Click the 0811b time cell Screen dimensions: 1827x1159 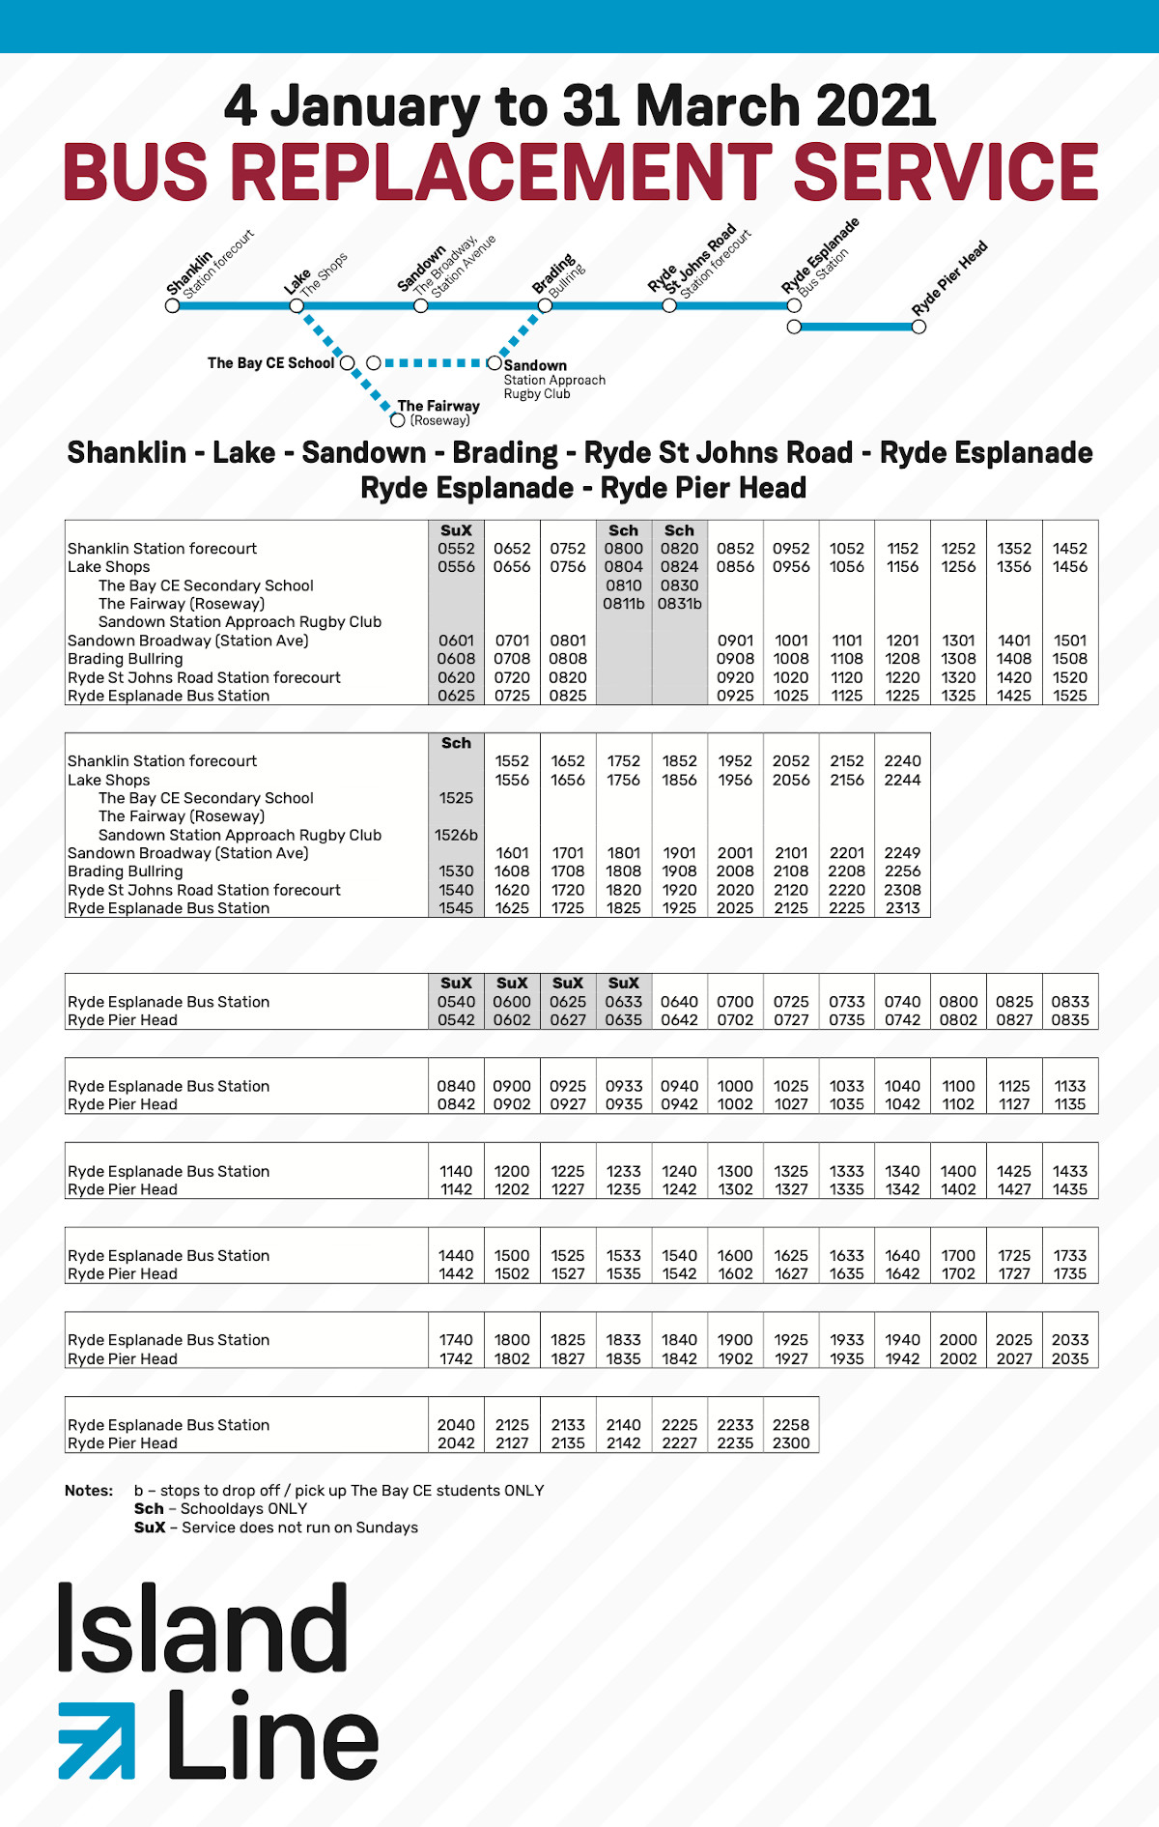click(x=623, y=604)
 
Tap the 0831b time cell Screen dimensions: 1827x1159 click(x=679, y=604)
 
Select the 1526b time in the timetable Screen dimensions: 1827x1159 click(x=456, y=835)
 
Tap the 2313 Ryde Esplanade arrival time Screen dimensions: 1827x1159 click(x=902, y=908)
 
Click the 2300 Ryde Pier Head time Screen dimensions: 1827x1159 click(x=790, y=1443)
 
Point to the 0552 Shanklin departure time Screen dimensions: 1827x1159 click(x=456, y=549)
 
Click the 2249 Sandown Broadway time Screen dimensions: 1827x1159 click(x=902, y=853)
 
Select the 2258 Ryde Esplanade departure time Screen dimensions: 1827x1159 click(x=790, y=1425)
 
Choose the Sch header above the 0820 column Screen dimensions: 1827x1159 click(x=679, y=530)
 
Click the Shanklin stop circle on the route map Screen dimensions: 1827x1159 click(x=173, y=305)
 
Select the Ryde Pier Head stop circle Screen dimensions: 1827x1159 click(x=919, y=327)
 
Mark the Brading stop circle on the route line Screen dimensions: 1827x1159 click(x=545, y=305)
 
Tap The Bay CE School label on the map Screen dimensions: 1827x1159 click(x=270, y=363)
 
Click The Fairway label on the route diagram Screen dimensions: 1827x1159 click(x=438, y=407)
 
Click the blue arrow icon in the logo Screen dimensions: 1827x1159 click(x=97, y=1740)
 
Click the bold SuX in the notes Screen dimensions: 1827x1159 click(x=150, y=1527)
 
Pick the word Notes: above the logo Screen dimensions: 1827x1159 click(x=89, y=1491)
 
